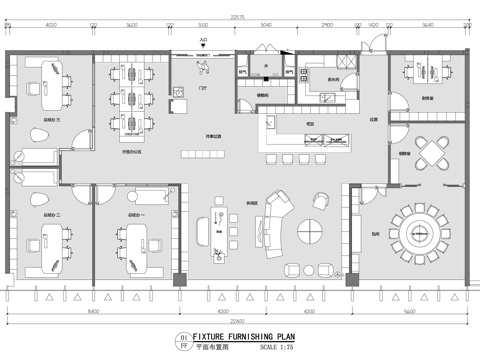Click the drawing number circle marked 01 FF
point(182,342)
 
